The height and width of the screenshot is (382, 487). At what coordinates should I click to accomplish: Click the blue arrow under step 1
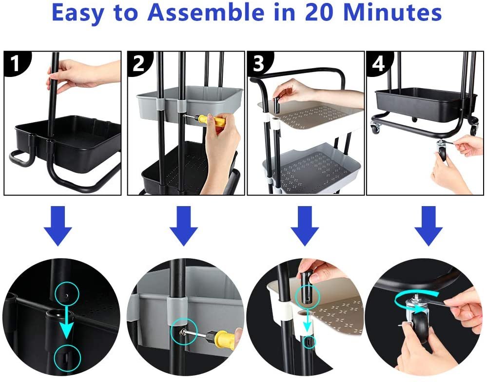58,226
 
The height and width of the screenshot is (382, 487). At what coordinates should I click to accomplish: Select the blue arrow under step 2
184,226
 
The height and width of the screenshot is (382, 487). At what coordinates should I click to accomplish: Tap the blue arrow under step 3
305,226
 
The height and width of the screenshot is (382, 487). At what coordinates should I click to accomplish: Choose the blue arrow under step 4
429,226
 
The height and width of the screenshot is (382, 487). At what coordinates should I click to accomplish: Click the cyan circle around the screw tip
184,332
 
